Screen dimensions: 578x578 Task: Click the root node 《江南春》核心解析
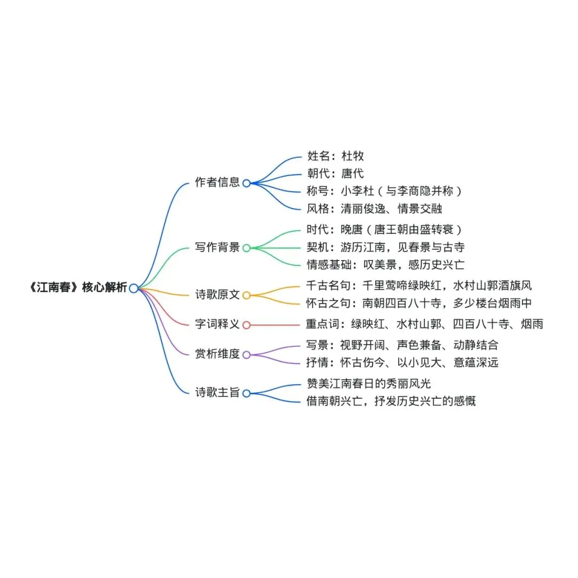[x=77, y=288]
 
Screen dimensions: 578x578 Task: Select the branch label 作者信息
[x=218, y=182]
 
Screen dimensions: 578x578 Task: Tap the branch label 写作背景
[x=218, y=248]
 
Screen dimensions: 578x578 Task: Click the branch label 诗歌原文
[x=218, y=295]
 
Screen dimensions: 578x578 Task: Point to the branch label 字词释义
[x=218, y=324]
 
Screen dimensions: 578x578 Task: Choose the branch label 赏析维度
[x=218, y=354]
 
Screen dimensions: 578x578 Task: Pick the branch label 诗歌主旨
[x=218, y=393]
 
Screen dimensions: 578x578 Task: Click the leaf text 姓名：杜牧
[x=336, y=156]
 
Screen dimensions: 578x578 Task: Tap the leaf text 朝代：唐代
[x=336, y=174]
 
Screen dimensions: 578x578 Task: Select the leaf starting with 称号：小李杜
[x=384, y=191]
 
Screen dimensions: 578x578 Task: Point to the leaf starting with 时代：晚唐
[x=384, y=230]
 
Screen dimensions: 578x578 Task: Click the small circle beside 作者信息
[x=246, y=183]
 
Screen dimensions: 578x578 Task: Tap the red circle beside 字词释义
[x=246, y=325]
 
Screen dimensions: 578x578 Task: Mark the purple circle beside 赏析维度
[x=246, y=355]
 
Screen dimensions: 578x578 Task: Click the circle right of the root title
[x=133, y=288]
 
